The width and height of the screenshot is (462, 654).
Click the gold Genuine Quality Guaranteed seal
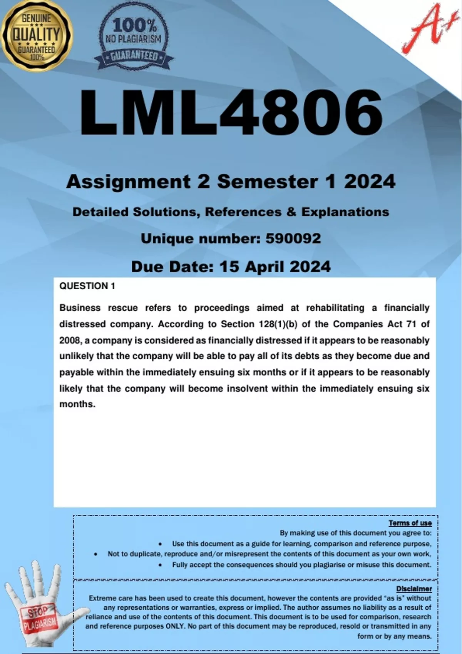(37, 36)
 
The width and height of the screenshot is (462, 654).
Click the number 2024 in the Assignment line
(370, 182)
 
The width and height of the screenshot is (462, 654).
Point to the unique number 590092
(293, 239)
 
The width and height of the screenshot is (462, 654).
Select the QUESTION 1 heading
(87, 286)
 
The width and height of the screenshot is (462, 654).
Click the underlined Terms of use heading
(410, 523)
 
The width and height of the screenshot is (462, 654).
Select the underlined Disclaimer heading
(414, 589)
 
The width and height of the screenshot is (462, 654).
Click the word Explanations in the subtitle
(345, 212)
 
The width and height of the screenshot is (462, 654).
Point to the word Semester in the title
(268, 182)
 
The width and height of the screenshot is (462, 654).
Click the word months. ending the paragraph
(77, 404)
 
